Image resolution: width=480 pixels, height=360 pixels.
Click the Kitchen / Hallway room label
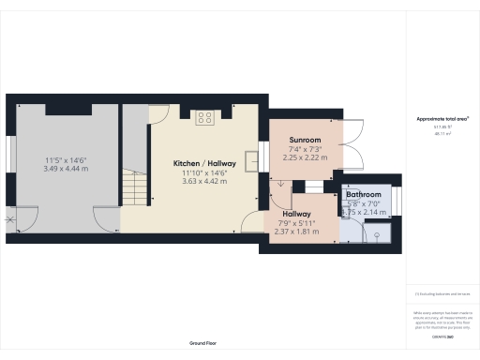click(x=204, y=163)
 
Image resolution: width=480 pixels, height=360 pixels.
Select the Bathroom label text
click(x=364, y=195)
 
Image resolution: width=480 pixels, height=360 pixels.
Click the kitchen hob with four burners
click(x=204, y=117)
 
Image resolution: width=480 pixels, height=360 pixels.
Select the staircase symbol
click(x=137, y=187)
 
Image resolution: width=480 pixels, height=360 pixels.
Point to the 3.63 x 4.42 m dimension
click(x=204, y=182)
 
